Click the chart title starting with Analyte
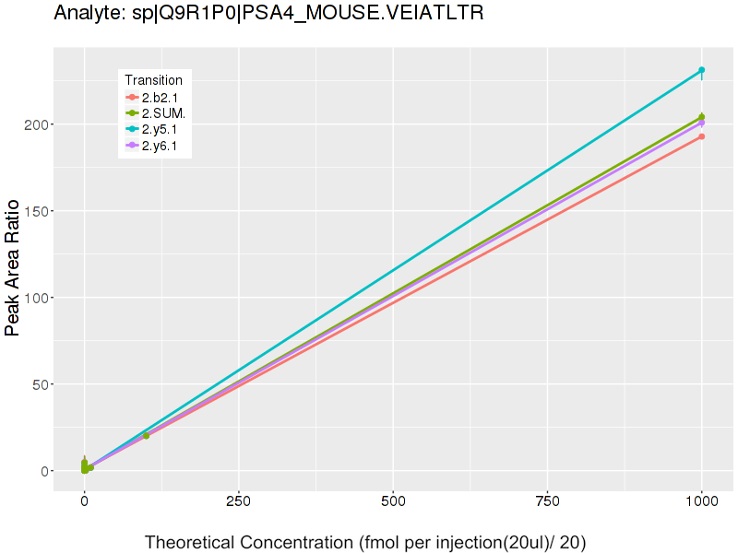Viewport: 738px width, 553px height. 268,13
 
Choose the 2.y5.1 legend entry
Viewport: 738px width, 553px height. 164,130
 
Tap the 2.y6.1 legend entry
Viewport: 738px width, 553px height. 164,147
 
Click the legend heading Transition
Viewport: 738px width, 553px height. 153,80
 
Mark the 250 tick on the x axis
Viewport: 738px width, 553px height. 239,502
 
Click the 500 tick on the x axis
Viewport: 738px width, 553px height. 393,502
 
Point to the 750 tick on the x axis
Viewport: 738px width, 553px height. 547,502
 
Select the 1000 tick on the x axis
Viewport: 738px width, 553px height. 702,502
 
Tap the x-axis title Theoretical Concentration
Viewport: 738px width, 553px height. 365,542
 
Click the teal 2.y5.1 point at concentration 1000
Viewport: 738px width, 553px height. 702,70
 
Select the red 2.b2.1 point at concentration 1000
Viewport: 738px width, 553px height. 702,136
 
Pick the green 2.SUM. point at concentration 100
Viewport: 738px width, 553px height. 146,435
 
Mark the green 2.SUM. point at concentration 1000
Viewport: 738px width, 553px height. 702,117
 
